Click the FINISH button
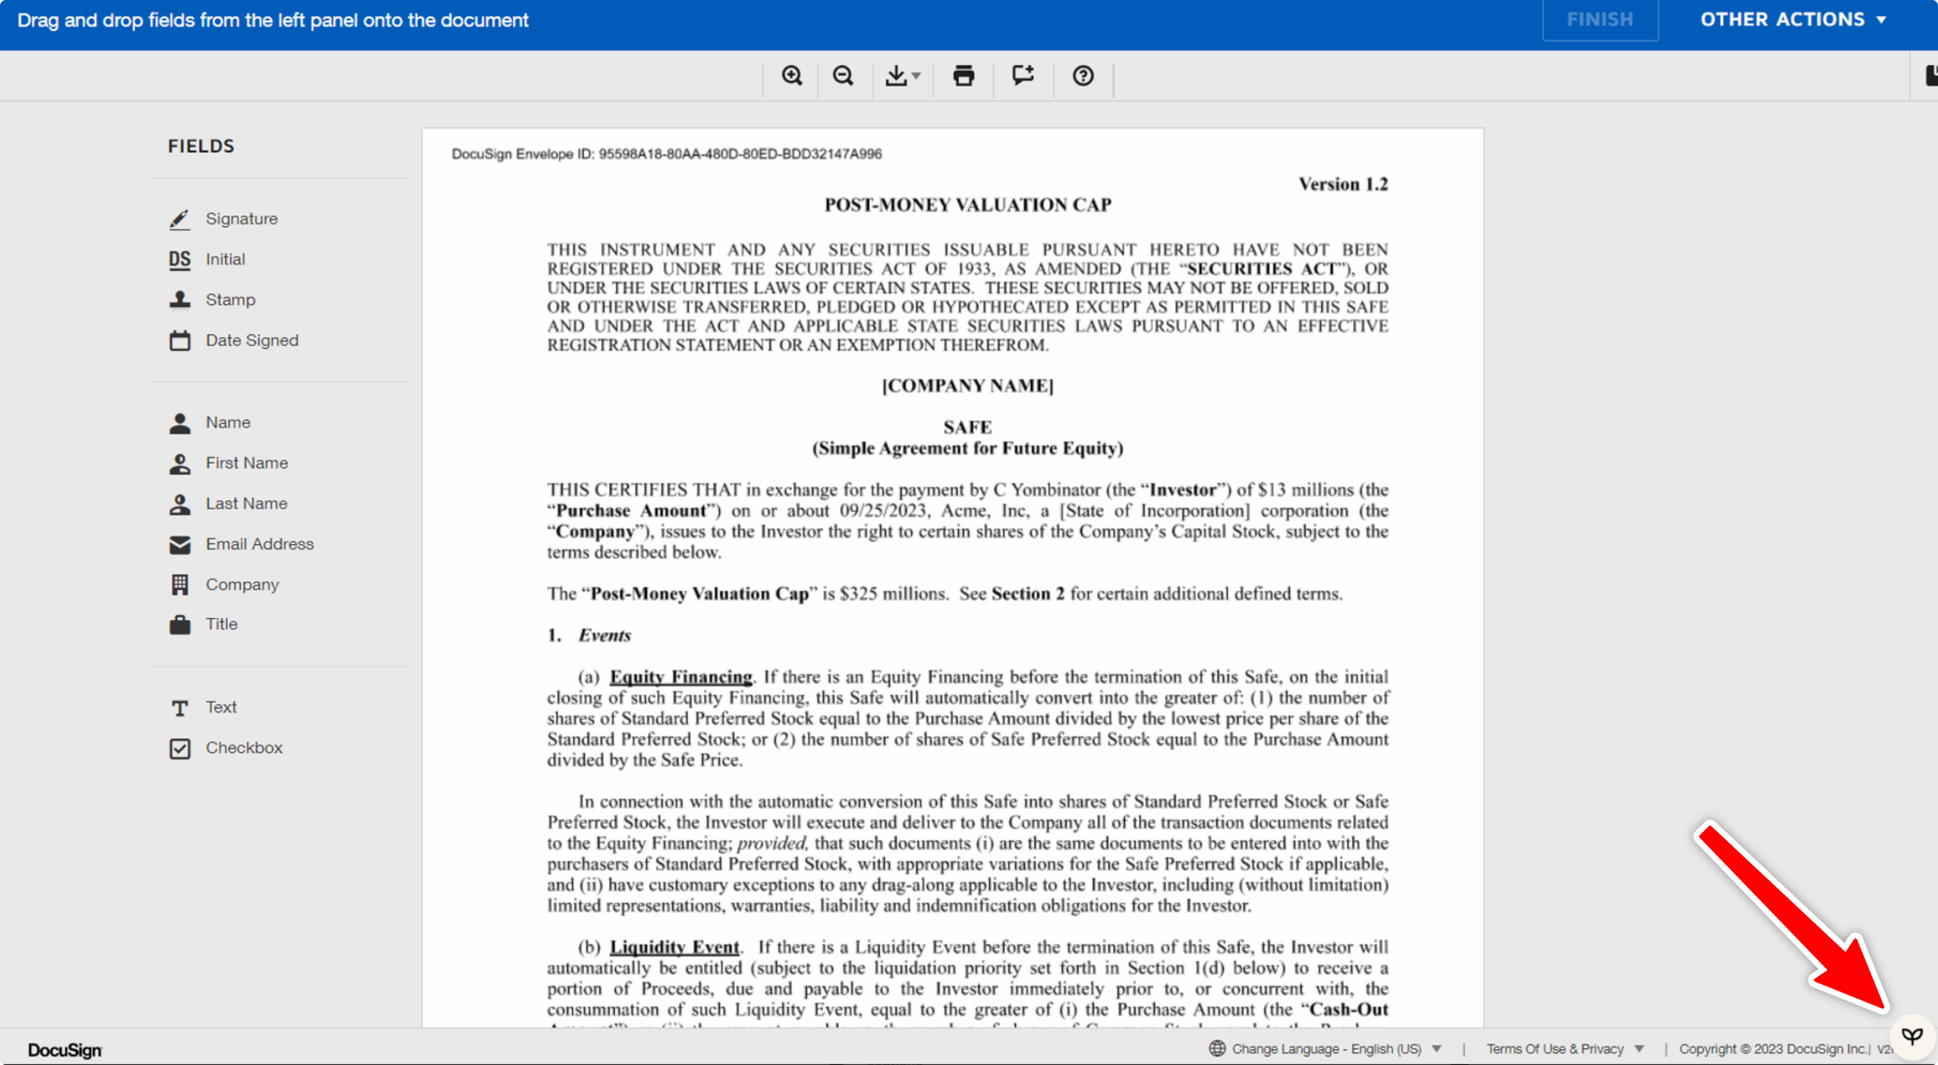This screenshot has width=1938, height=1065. [x=1599, y=19]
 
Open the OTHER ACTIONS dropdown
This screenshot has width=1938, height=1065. [x=1793, y=19]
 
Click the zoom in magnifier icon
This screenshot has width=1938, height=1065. [x=791, y=75]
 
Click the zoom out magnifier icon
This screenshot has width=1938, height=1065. [x=843, y=75]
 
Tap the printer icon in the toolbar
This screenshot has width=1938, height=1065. [x=963, y=75]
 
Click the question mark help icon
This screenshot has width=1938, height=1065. [x=1083, y=75]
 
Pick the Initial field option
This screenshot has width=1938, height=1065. [x=225, y=259]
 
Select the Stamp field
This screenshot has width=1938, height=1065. [x=230, y=300]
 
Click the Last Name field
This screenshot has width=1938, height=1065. [x=246, y=503]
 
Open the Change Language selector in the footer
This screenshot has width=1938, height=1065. [x=1325, y=1048]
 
